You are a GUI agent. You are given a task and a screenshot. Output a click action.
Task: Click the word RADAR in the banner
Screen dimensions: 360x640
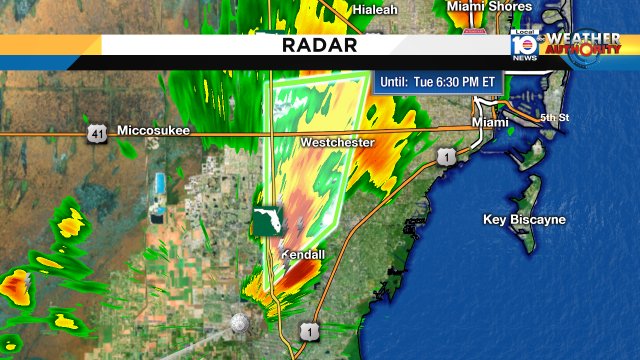320,45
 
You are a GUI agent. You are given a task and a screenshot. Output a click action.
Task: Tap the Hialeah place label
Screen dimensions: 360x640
376,11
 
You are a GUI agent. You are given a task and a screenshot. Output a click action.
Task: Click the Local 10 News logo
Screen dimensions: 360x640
524,46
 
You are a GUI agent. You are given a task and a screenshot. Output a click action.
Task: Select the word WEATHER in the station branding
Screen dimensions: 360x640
583,39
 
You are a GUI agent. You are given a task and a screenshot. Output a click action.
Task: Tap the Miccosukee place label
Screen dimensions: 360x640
153,131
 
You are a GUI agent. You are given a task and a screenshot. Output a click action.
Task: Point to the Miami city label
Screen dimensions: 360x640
491,122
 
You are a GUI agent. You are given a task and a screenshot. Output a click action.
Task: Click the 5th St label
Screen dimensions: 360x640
553,118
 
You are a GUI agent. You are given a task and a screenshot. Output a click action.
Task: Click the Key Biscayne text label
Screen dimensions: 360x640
524,219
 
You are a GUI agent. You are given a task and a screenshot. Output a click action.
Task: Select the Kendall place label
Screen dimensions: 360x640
303,255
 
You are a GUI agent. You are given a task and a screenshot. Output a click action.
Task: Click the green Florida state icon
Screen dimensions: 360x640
267,223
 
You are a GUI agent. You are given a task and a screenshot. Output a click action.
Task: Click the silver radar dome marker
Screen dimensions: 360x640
239,322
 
